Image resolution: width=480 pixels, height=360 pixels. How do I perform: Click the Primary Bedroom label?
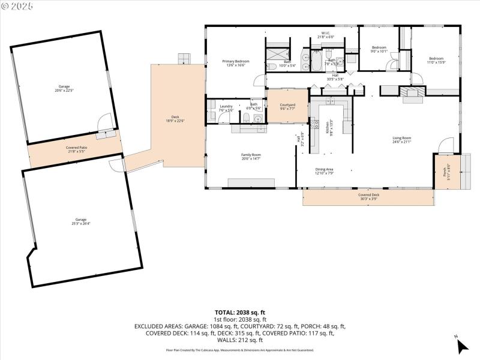coord(236,63)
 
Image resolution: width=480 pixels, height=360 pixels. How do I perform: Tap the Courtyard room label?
coord(287,107)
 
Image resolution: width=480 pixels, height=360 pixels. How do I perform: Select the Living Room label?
coord(401,140)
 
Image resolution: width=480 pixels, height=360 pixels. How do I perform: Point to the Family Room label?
coord(251,156)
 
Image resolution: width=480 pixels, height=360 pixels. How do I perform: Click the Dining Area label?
coord(325,171)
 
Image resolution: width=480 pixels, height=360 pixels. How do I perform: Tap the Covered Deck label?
coord(368,196)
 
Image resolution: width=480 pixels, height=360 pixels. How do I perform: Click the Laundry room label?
coord(226,108)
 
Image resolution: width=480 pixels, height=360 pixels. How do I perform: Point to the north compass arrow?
coord(461,346)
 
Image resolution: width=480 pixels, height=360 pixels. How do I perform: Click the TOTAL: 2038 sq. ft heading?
coord(239,313)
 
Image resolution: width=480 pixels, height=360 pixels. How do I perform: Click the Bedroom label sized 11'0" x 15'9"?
coord(436,60)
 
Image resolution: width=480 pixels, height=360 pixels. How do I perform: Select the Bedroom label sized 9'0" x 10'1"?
coord(379,49)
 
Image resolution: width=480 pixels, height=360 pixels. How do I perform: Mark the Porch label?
coord(445,172)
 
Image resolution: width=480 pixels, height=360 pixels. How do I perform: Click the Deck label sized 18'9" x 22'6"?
coord(175,118)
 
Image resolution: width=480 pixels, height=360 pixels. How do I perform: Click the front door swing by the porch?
coord(445,146)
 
